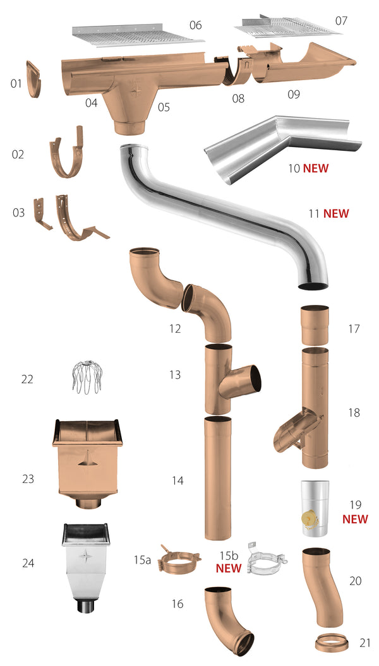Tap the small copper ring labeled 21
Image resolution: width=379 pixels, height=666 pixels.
331,643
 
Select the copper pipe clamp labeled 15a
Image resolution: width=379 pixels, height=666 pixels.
174,559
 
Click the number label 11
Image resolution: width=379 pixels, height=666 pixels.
314,213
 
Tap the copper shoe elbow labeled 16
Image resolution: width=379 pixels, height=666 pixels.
227,622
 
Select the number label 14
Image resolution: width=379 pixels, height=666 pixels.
177,481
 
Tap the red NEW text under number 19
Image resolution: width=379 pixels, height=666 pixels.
355,519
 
